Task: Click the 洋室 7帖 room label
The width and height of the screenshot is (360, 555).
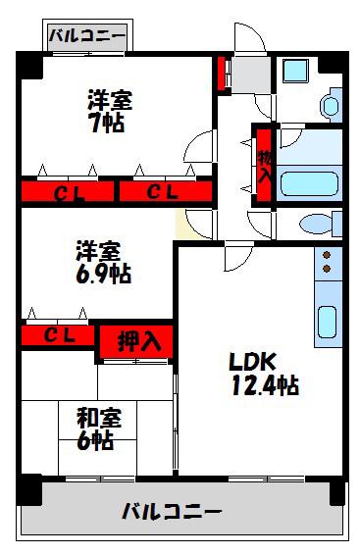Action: click(x=109, y=112)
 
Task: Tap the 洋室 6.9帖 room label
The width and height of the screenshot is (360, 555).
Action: click(x=103, y=262)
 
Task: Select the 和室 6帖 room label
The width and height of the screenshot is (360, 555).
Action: click(x=98, y=429)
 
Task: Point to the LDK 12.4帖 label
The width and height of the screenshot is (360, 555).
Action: click(x=264, y=375)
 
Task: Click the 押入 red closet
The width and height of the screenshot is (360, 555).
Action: click(x=136, y=341)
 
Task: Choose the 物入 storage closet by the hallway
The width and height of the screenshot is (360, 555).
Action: click(x=264, y=166)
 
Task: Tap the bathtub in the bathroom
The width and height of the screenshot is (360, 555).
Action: click(x=309, y=183)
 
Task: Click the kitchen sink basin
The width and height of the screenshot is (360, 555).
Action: click(x=327, y=322)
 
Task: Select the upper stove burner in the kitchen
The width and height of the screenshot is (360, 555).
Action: click(x=327, y=255)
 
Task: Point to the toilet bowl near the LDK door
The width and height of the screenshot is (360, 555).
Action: click(x=316, y=224)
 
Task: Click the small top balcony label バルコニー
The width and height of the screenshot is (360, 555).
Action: click(x=87, y=35)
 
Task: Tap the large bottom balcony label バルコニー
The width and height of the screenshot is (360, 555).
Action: click(x=172, y=512)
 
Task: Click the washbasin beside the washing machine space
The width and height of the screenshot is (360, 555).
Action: click(x=331, y=106)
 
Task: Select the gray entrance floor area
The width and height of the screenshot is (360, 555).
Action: click(x=250, y=76)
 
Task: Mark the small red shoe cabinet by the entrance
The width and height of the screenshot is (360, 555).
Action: click(x=222, y=74)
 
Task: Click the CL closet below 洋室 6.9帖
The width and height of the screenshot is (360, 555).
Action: click(x=58, y=335)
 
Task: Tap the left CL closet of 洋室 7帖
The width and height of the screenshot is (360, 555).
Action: click(x=68, y=191)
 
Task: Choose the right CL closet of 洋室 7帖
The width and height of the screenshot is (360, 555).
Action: click(x=166, y=191)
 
